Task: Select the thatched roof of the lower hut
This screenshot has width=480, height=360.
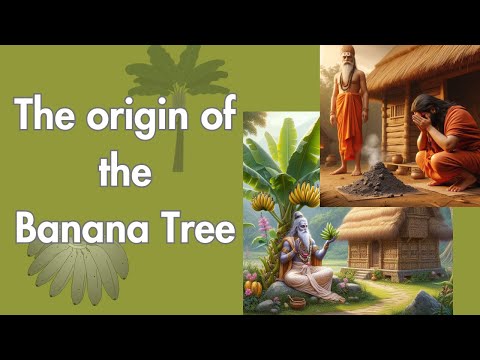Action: pos(392,222)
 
